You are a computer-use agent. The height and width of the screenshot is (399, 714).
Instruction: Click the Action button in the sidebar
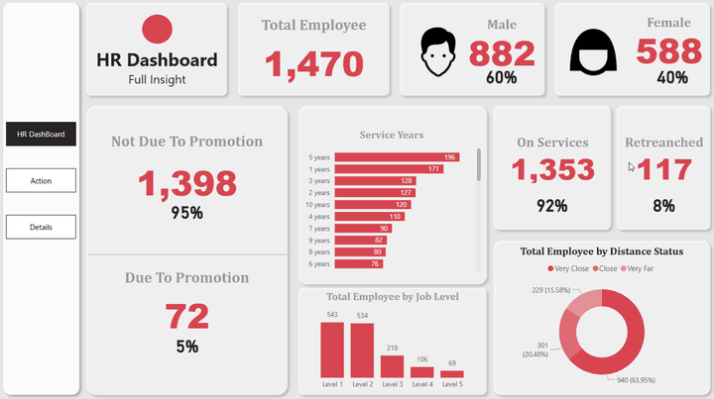coord(41,181)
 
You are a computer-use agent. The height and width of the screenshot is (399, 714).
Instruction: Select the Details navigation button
coord(41,228)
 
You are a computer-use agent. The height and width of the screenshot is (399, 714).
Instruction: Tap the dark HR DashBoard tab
coord(41,135)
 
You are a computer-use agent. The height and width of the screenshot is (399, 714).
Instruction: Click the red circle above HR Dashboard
coord(158,30)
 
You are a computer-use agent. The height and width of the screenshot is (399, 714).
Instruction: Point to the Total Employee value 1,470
coord(313,64)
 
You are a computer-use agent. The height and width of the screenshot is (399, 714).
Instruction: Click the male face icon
coord(438,51)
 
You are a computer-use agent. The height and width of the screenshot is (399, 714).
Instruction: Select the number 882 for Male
coord(501,53)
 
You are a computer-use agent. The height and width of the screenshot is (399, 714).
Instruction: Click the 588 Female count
coord(668,51)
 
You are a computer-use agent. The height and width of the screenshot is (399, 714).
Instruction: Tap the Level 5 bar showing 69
coord(452,374)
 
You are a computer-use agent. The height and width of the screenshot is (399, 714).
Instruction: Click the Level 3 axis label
coord(393,384)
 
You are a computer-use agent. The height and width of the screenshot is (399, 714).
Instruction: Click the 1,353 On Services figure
coord(552,169)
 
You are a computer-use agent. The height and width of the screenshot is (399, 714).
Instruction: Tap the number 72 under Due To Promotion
coord(186,316)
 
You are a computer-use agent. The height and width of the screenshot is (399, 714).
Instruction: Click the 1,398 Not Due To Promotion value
coord(186,183)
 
